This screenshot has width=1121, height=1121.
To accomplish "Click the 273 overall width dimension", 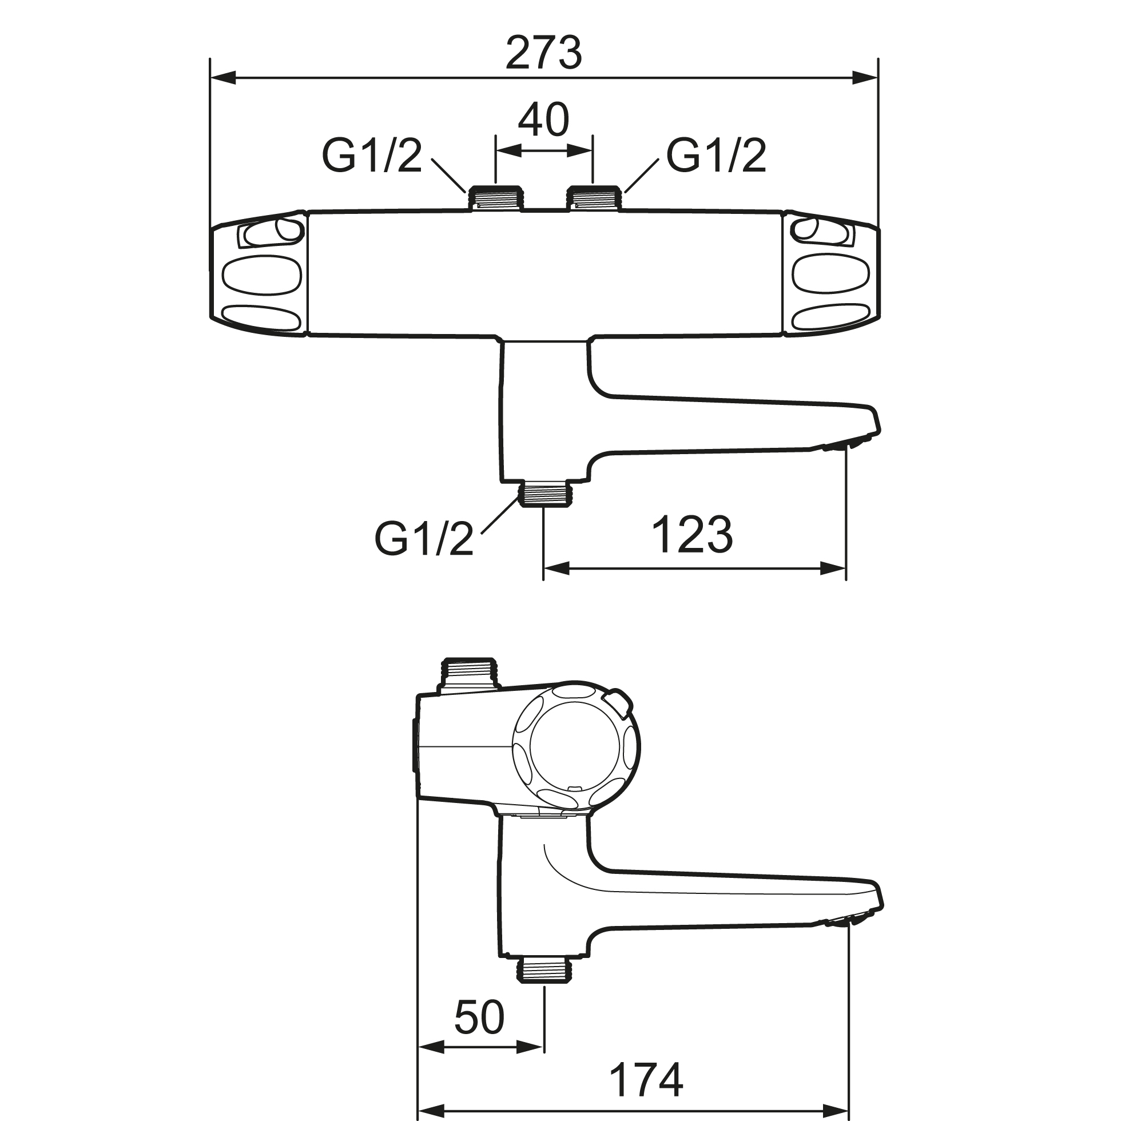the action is [x=544, y=53].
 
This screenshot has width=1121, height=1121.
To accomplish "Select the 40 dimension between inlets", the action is [x=544, y=120].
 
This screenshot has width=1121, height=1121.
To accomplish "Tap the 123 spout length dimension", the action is [x=692, y=535].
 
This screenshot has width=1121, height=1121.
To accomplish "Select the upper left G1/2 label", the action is [x=372, y=156].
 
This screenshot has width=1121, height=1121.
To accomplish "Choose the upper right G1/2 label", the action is [x=716, y=156].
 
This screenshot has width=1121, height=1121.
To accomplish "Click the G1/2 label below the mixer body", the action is [x=424, y=538].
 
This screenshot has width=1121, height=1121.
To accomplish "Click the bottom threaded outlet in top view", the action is [x=545, y=493].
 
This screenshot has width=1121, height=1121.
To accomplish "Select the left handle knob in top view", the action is [x=257, y=274].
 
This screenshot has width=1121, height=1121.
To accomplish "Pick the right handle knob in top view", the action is [x=831, y=274].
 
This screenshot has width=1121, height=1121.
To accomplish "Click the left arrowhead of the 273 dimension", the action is [x=224, y=78].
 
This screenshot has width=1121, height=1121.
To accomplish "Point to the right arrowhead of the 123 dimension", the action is [x=833, y=569].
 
